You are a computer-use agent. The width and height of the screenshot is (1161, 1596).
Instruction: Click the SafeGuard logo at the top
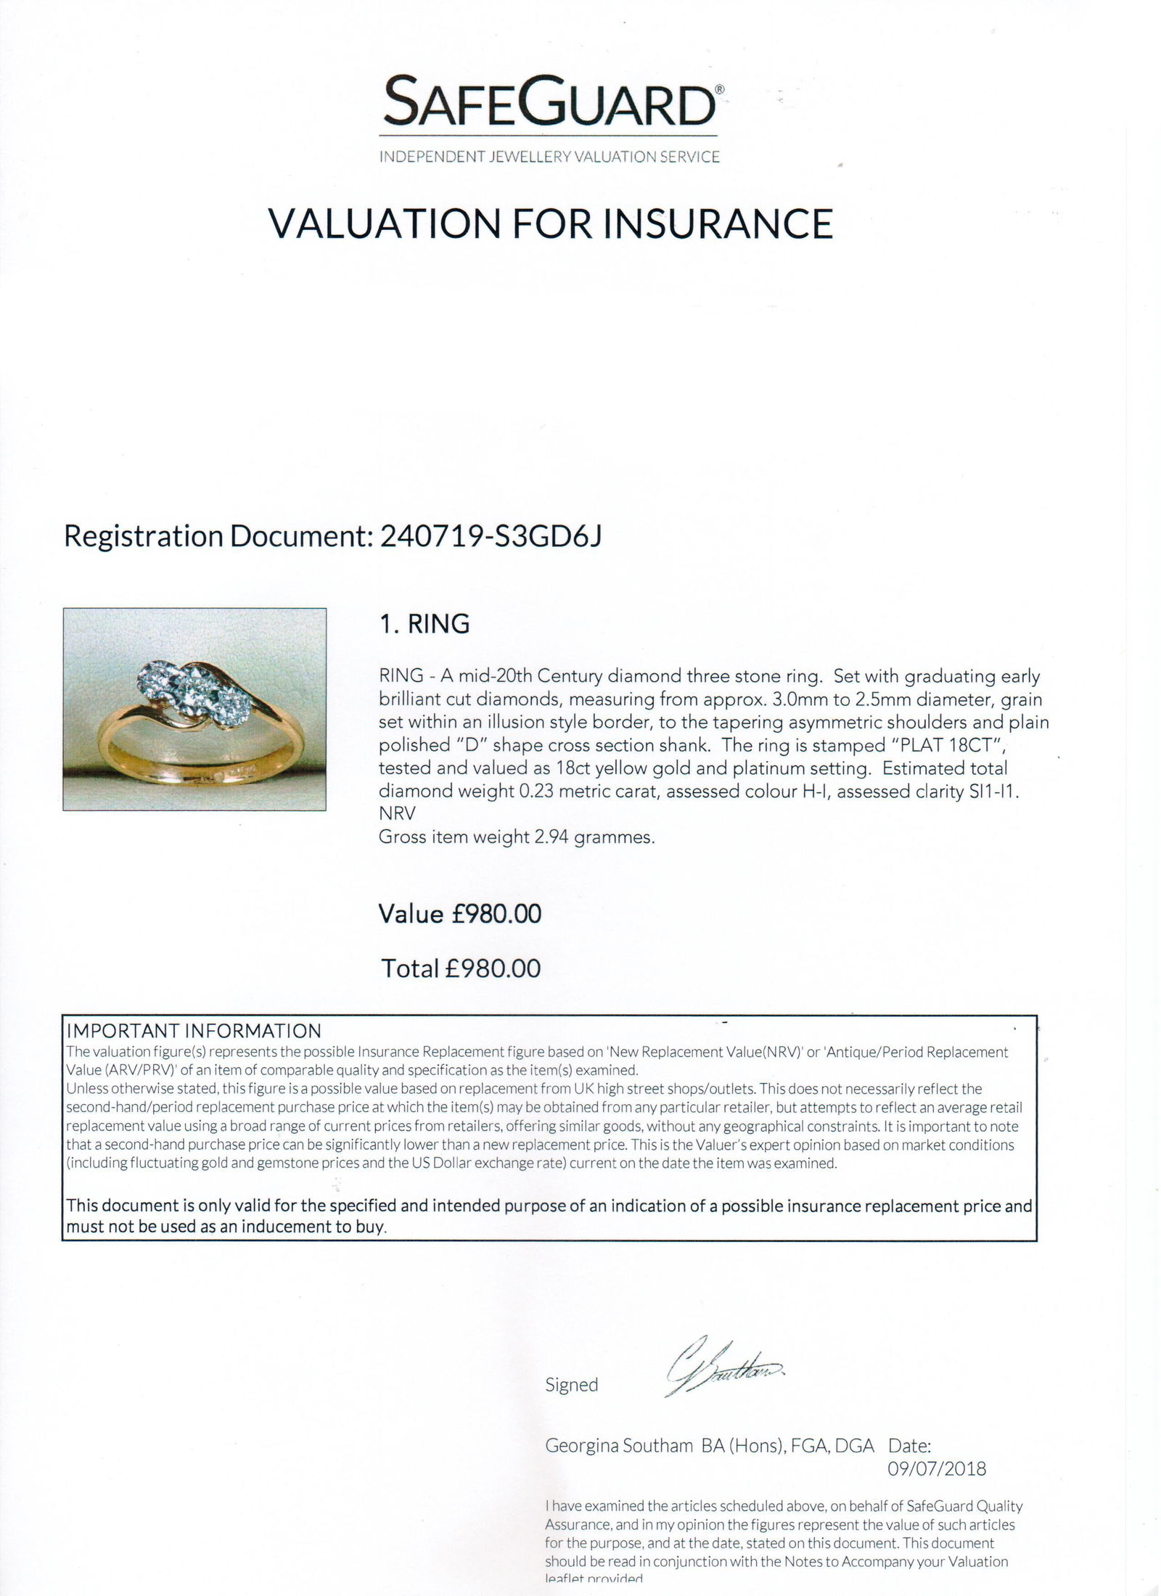coord(549,104)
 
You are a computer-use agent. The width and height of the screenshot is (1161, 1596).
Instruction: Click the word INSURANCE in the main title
coord(718,223)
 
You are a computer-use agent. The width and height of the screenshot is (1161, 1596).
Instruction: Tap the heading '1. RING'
coord(424,624)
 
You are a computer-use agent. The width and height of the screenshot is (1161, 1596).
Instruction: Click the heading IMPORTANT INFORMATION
coord(194,1031)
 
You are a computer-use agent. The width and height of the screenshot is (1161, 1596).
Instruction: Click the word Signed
coord(572,1385)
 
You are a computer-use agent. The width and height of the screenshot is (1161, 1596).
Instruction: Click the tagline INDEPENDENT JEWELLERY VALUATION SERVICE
coord(549,157)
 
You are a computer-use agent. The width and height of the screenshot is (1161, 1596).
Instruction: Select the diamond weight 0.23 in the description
coord(537,791)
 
